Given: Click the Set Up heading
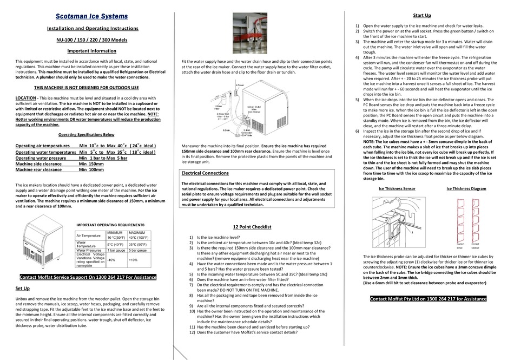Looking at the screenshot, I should point(23,289).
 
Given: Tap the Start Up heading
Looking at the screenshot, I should point(421,16).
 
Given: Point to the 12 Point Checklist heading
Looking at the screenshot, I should point(252,227).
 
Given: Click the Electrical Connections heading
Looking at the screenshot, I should point(205,173).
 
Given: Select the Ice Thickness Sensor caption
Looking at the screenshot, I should point(397,189).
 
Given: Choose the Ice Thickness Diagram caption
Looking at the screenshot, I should point(466,189).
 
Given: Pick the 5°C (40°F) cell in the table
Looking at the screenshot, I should point(117,244).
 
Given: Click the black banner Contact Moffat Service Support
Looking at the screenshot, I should point(87,277).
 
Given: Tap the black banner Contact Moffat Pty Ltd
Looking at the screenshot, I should point(428,299).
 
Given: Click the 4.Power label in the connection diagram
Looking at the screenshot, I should point(240,85).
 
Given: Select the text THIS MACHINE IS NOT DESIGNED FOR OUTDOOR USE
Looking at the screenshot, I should point(87,87).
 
